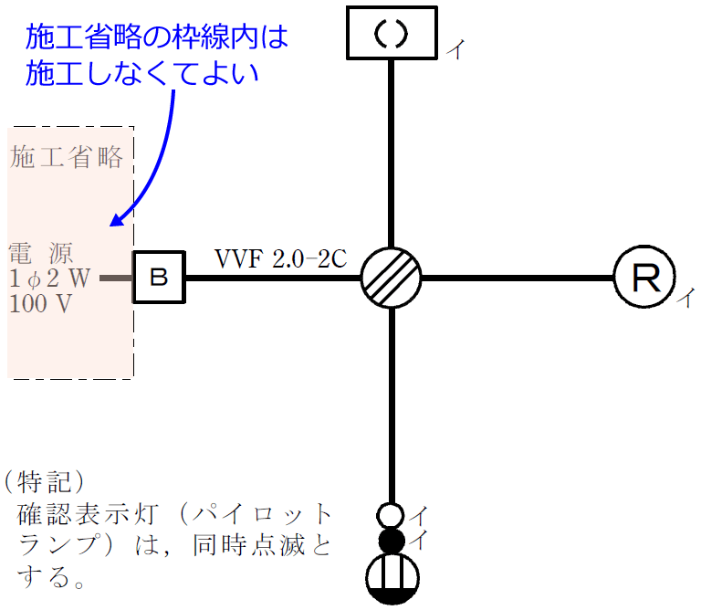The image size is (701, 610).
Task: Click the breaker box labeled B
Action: [x=159, y=277]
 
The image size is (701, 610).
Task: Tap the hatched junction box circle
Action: [x=391, y=277]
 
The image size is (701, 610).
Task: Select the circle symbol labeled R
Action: [x=643, y=277]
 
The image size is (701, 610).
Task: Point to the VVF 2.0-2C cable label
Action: [x=280, y=258]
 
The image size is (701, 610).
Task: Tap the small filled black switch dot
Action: [x=391, y=541]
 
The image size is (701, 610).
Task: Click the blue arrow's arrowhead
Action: [x=116, y=220]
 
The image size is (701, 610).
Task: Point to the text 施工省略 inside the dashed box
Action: [x=67, y=157]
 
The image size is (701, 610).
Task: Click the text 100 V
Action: [x=40, y=304]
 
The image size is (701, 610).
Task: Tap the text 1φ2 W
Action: [x=49, y=278]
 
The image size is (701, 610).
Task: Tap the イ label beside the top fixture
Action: [x=454, y=51]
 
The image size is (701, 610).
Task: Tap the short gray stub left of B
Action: [x=116, y=277]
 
